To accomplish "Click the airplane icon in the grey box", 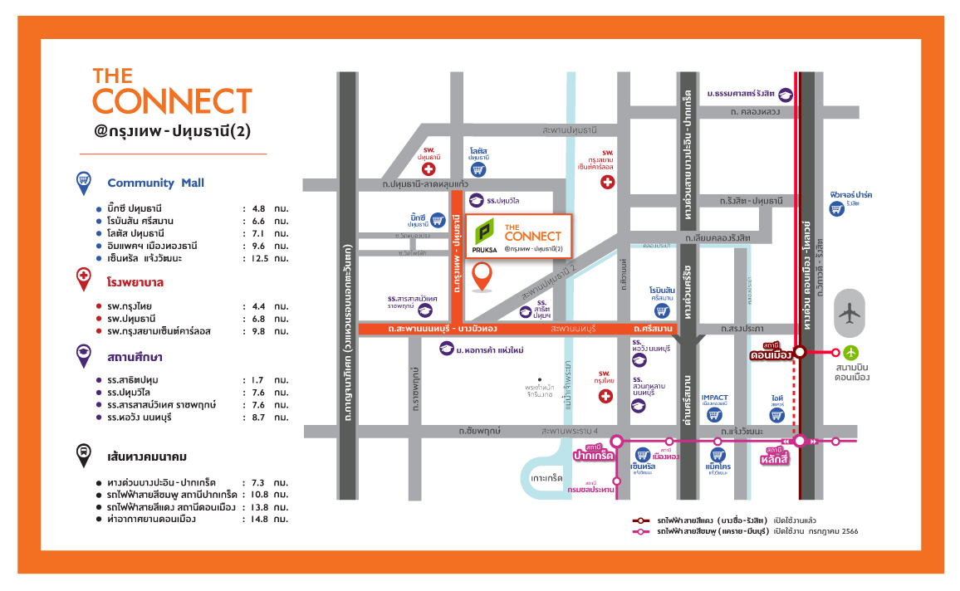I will point(848,313).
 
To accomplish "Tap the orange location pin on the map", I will point(481,276).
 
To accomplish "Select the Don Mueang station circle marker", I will point(800,352).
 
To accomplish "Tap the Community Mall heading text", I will point(155,183).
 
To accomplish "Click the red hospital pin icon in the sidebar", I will point(83,281).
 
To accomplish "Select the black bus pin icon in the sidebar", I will point(83,455).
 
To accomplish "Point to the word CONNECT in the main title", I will point(172,100).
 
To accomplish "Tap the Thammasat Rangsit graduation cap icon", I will point(786,95).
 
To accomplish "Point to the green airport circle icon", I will point(850,352).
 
